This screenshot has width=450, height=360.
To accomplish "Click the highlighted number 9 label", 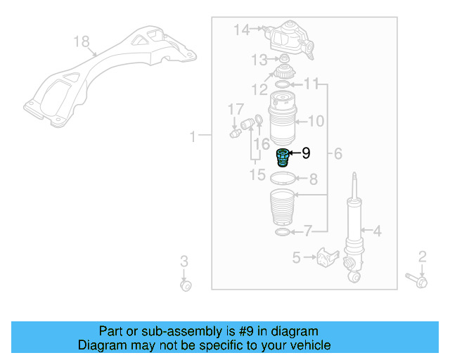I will pos(306,153).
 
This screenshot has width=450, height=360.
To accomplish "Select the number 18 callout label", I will pos(82,42).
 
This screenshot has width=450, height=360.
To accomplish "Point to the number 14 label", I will pos(241,30).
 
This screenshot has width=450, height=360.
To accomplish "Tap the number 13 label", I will pos(260,59).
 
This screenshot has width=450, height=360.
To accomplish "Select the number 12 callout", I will pos(259,89).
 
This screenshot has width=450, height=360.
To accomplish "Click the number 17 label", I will pos(236,109).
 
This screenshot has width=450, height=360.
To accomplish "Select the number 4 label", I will pos(377,231).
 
